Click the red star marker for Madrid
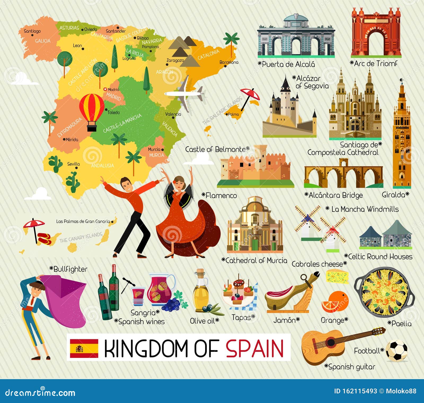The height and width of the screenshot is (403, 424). click(x=105, y=89)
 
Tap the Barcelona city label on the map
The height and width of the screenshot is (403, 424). click(x=229, y=62)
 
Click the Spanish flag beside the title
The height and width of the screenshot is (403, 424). click(x=84, y=348)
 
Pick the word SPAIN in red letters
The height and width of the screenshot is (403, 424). click(x=255, y=348)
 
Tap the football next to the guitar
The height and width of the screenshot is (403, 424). click(x=396, y=351)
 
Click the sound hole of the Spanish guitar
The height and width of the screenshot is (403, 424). click(x=331, y=342)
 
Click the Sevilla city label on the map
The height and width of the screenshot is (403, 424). click(x=73, y=164)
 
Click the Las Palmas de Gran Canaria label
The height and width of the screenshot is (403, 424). click(x=83, y=221)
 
